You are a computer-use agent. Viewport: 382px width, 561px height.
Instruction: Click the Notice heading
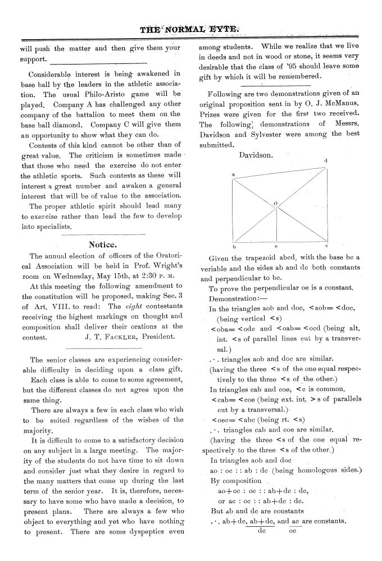click(x=103, y=244)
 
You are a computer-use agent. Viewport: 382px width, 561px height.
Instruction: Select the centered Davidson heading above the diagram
click(x=256, y=155)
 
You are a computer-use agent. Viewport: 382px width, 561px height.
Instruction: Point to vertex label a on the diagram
click(x=233, y=175)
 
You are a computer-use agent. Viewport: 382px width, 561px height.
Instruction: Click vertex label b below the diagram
click(x=233, y=246)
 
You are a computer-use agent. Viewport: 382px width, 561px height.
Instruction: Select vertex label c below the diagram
click(x=326, y=246)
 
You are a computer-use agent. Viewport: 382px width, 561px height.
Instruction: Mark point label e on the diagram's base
click(x=275, y=246)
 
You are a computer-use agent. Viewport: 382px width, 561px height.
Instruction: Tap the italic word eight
click(x=133, y=307)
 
